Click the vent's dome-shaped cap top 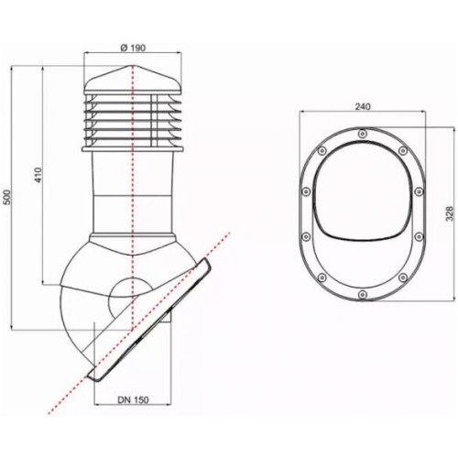pos(134,81)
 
